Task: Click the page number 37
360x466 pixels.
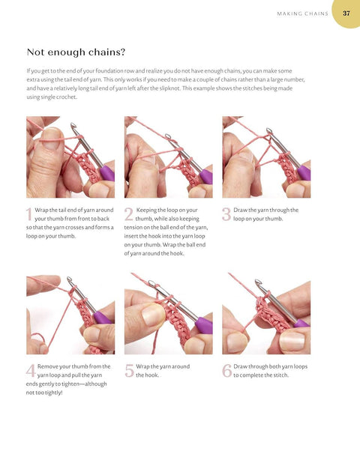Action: (346, 13)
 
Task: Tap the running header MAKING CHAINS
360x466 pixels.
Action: (302, 13)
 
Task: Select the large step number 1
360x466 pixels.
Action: (28, 214)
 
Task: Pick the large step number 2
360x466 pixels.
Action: (128, 214)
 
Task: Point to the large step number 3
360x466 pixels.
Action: (226, 214)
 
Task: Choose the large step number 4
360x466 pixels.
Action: (31, 371)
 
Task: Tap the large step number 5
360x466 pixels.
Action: (130, 371)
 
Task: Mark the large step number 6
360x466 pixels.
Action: (226, 371)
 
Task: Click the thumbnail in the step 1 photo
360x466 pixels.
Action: (52, 139)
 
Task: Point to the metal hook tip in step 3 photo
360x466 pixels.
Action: (269, 131)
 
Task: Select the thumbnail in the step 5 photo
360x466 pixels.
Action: (153, 315)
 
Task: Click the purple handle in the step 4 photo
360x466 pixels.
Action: (103, 318)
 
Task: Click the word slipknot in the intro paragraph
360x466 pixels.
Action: (169, 88)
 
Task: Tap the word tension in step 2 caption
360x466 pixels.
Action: (133, 227)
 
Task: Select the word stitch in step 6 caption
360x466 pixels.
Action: (280, 375)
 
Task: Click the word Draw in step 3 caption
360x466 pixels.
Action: (240, 210)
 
